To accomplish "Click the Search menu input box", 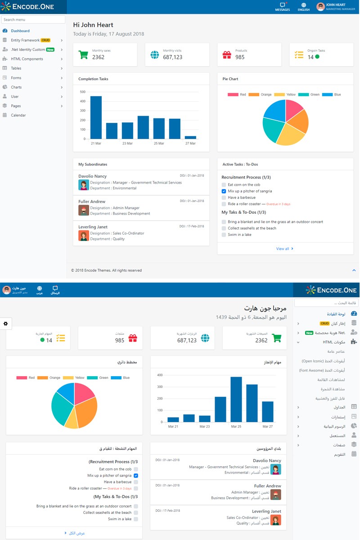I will coord(33,20).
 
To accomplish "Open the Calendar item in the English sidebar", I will coord(18,115).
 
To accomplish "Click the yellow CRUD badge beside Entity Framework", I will coord(45,40).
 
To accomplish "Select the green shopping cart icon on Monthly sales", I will coord(83,55).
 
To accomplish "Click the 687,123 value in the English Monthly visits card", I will coord(172,57).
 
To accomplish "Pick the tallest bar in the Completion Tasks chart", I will coord(96,117).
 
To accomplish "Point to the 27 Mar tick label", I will coord(190,144).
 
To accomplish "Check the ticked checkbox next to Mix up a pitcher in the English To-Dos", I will coord(224,191).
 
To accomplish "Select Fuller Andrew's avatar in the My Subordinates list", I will coord(84,210).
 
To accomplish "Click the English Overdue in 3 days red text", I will coord(278,204).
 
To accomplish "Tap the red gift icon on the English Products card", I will coord(227,55).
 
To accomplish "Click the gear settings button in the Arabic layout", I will coord(5,324).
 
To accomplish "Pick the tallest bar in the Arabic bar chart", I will coord(236,399).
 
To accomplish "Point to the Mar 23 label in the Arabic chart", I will coord(205,426).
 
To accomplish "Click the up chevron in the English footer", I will coord(354,270).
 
